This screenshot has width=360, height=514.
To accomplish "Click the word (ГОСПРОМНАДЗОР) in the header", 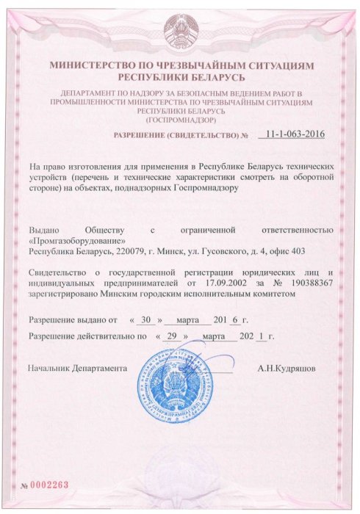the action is coord(180,118).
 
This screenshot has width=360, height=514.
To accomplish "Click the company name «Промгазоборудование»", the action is coord(76,241).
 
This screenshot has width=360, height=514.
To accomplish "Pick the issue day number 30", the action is coord(145,320).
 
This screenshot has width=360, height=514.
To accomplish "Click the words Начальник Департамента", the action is coord(77,366).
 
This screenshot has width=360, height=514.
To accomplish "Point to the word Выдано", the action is coord(43,231).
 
